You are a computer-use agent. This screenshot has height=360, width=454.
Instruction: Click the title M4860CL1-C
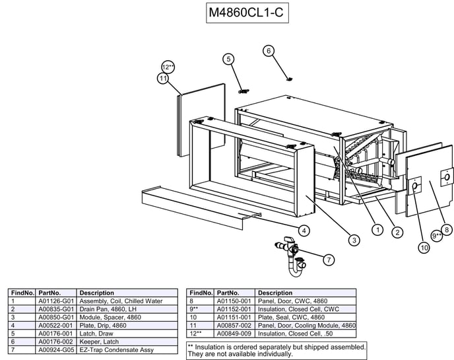tap(247, 13)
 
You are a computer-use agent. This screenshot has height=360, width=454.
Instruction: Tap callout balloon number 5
tap(229, 59)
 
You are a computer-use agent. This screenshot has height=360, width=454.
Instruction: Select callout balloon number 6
tap(268, 50)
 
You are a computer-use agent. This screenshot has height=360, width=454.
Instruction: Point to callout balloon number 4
tap(304, 231)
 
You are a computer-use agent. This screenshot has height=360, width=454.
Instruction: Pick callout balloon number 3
tap(354, 240)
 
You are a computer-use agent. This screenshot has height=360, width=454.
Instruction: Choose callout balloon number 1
tap(377, 229)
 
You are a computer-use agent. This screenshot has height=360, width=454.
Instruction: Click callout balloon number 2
tap(397, 233)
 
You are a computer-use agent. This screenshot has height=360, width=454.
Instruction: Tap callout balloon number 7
tap(328, 260)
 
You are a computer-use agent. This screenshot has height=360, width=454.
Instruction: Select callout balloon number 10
tap(423, 248)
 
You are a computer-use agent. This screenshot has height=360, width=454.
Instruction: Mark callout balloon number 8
tap(447, 229)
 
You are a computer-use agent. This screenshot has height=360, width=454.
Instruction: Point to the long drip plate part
tap(198, 202)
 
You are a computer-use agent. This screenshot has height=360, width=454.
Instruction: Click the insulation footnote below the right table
tap(276, 350)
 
